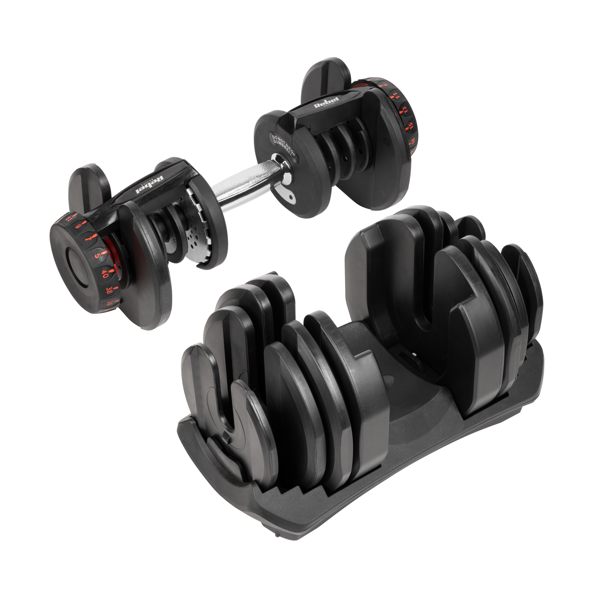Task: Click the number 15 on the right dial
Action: tap(410, 125)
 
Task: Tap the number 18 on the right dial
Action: tap(413, 141)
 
